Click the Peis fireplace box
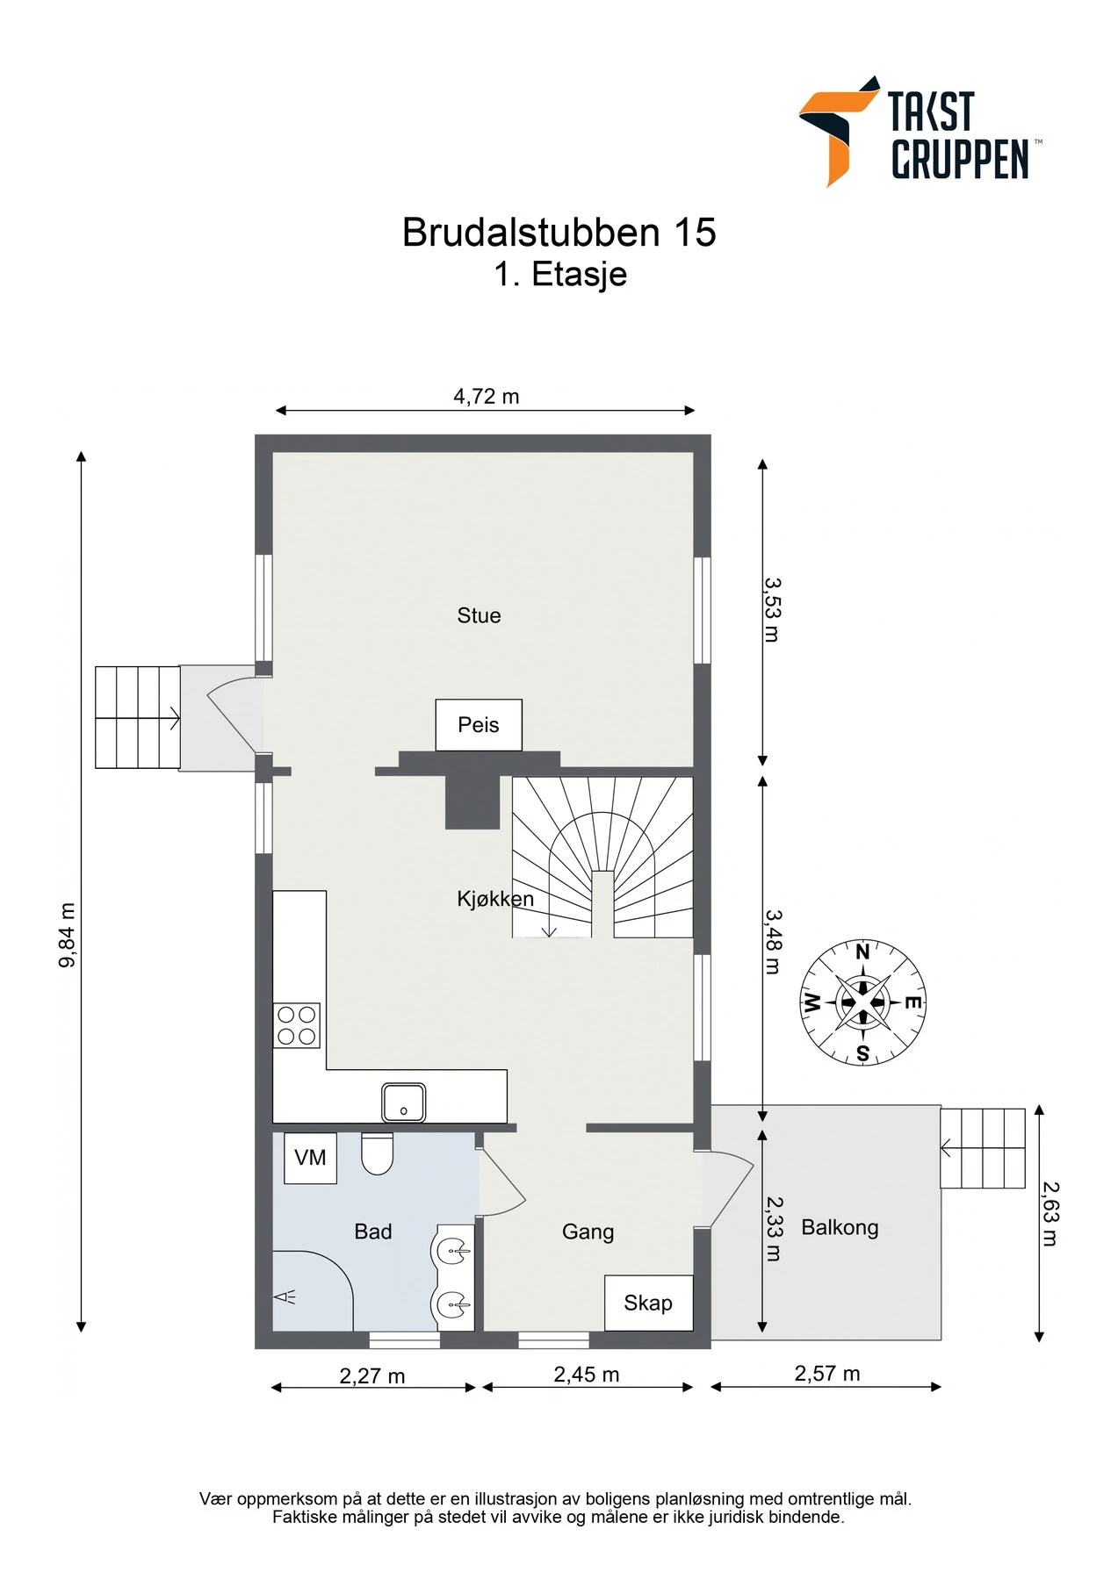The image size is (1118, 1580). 479,725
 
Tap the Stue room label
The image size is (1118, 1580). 479,615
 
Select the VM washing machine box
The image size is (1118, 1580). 310,1158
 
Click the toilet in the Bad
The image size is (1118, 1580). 377,1153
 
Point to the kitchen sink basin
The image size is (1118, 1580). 404,1102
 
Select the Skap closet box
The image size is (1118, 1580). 649,1303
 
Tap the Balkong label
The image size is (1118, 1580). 840,1227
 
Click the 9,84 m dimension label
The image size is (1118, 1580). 67,935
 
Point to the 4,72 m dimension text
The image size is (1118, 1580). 487,397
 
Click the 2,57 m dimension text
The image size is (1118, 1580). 827,1374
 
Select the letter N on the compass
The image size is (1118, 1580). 862,952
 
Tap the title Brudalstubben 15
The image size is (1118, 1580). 559,233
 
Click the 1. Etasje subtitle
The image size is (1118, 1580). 560,275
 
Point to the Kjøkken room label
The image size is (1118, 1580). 495,899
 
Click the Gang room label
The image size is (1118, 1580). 588,1232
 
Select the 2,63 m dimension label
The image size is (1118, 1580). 1050,1214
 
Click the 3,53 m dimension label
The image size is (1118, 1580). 772,610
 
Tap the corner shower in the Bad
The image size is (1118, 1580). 313,1290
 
